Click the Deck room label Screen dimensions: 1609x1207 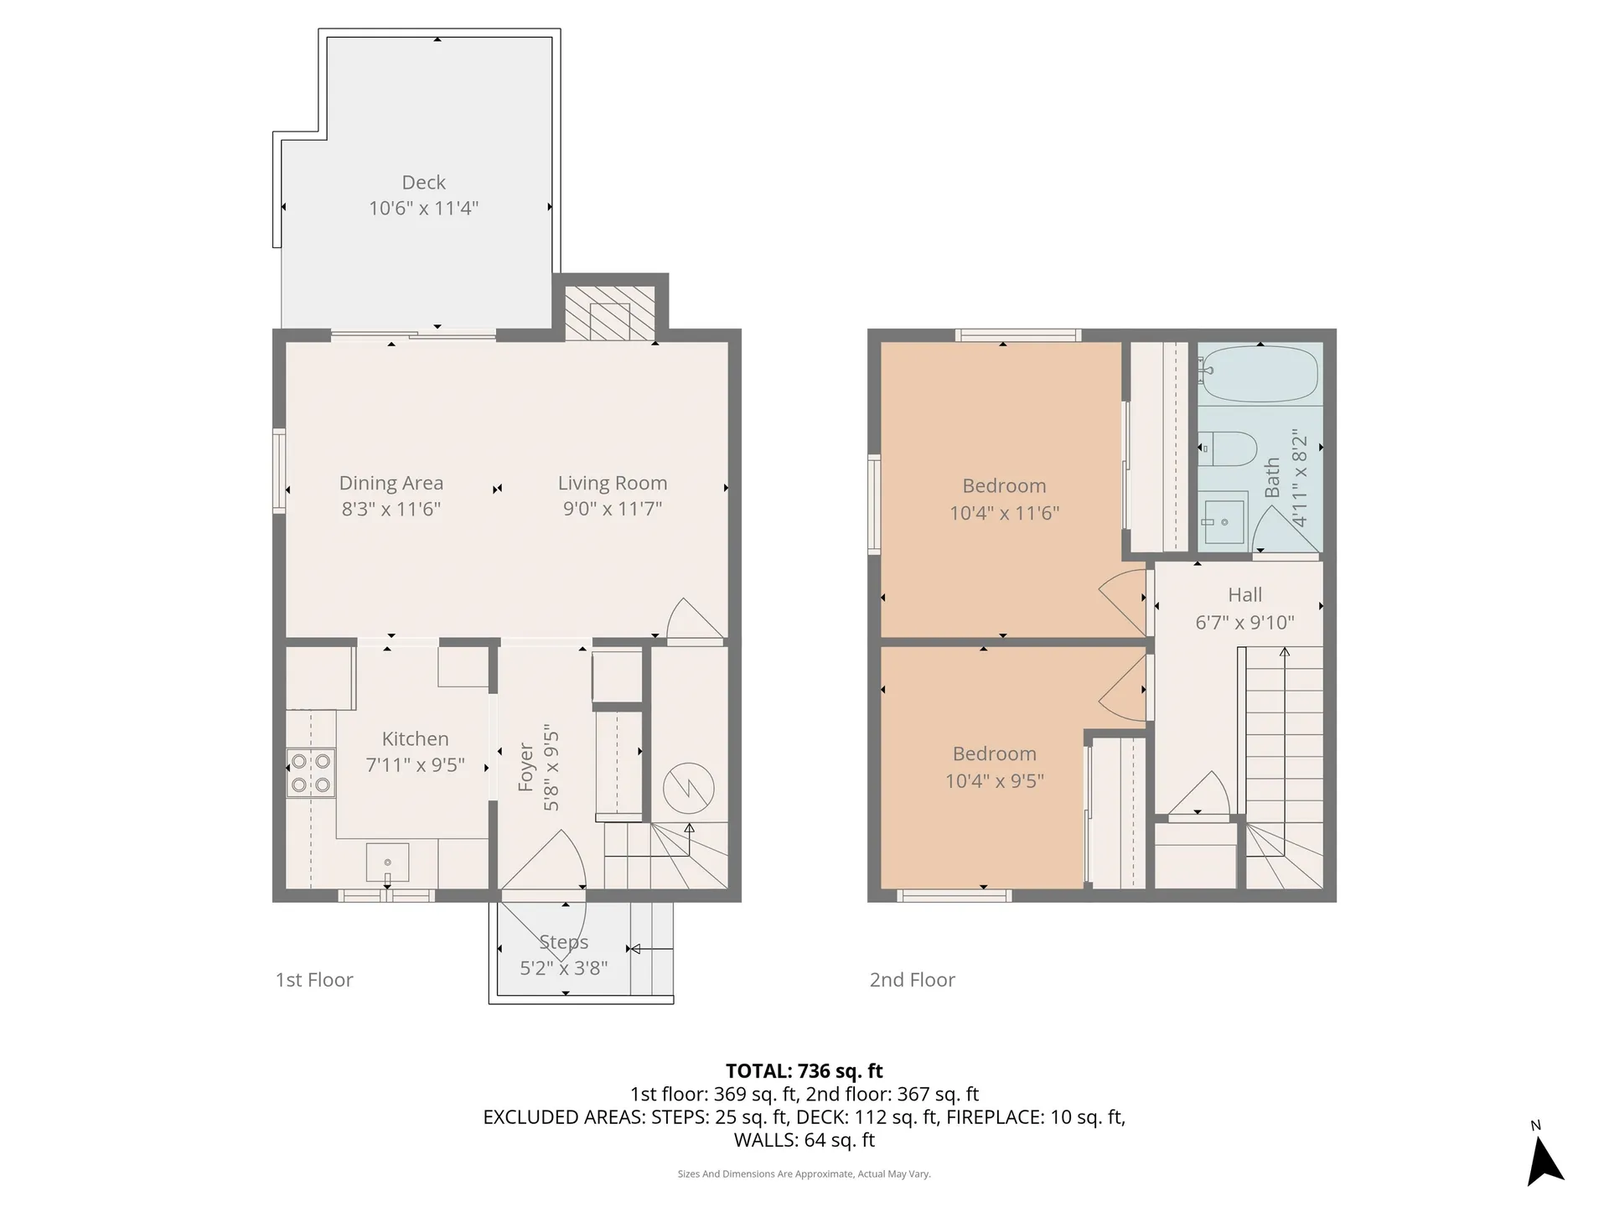(x=423, y=182)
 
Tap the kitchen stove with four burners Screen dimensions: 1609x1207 (x=311, y=774)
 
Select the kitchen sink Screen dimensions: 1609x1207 (x=387, y=863)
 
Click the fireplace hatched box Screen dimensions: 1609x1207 (x=609, y=313)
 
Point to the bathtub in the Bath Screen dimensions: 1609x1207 (x=1260, y=374)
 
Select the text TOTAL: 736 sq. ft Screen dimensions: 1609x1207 (x=804, y=1070)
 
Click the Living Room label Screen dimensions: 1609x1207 (x=613, y=483)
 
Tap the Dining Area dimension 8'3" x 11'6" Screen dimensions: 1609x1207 (x=391, y=509)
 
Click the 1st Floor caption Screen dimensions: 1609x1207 (x=314, y=980)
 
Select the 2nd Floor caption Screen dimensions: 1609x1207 (x=912, y=980)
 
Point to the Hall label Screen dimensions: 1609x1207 (x=1244, y=595)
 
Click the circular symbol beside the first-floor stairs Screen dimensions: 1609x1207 (x=688, y=788)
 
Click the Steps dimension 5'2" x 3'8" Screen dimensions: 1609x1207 (x=563, y=968)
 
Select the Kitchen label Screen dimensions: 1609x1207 (x=415, y=738)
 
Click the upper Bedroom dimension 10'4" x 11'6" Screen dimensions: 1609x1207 (x=1004, y=513)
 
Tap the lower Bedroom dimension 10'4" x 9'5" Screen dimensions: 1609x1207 (x=995, y=781)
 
